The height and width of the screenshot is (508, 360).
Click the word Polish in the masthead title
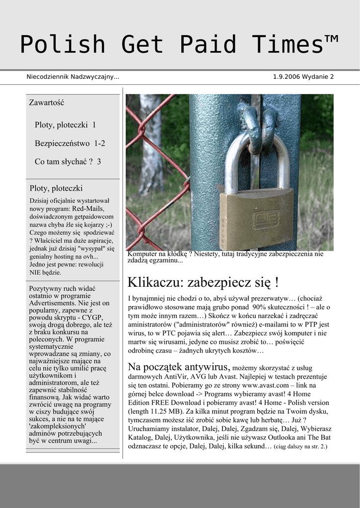[x=63, y=45]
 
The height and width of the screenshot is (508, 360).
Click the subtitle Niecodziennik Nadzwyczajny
[x=72, y=77]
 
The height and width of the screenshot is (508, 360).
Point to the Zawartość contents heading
[x=47, y=103]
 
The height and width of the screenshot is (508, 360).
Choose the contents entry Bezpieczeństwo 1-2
[x=70, y=143]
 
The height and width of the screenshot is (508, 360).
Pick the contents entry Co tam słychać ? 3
[x=68, y=162]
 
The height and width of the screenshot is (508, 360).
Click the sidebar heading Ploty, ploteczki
[x=56, y=189]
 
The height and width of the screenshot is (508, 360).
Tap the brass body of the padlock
[x=256, y=218]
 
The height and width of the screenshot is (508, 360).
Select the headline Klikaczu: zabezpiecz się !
[x=203, y=282]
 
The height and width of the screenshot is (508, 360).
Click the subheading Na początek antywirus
[x=179, y=367]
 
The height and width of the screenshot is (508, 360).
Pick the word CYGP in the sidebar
[x=93, y=317]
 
